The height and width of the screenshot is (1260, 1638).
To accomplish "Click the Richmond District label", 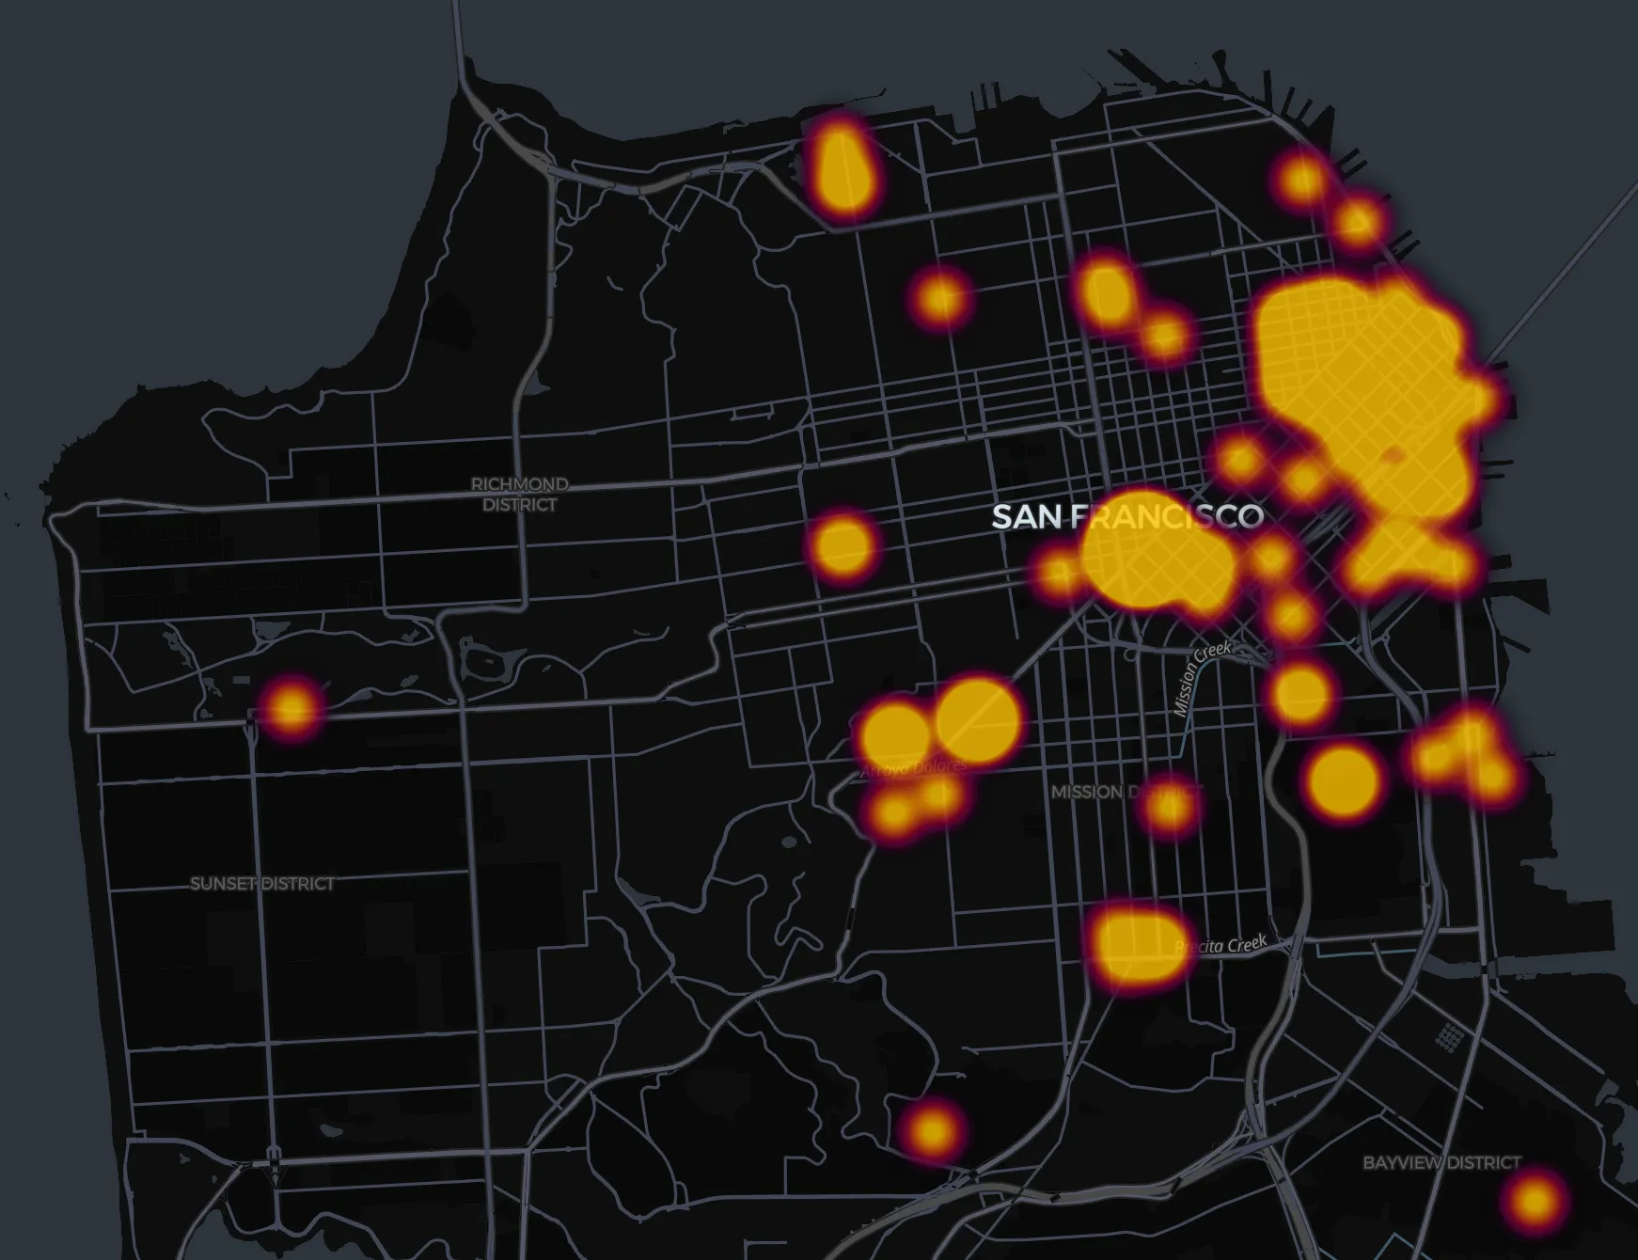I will (520, 495).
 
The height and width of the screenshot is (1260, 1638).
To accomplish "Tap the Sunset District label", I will (262, 884).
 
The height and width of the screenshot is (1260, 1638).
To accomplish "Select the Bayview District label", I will (1441, 1163).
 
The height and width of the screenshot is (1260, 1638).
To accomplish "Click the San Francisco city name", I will (1126, 516).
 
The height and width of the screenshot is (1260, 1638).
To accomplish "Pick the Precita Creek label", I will (1222, 945).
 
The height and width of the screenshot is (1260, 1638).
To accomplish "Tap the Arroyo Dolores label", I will (912, 768).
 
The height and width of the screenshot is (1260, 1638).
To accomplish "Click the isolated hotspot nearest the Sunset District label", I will (291, 705).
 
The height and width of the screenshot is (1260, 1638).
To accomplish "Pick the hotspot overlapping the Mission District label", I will (1171, 806).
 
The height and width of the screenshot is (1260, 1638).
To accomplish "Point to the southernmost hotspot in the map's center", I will (931, 1127).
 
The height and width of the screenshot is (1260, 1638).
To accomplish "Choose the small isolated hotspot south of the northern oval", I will (941, 298).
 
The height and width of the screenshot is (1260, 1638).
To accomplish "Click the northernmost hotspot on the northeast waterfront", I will (1302, 178).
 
